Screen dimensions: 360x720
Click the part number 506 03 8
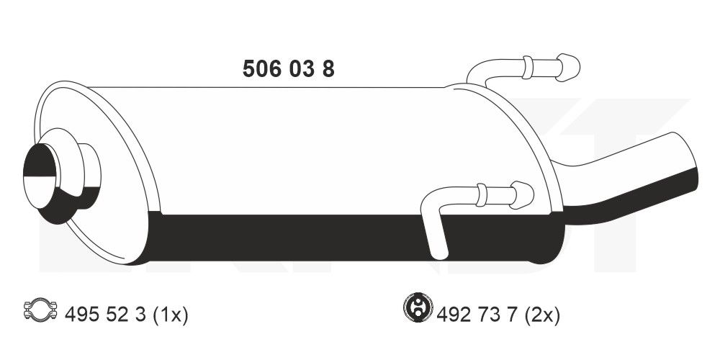pos(288,69)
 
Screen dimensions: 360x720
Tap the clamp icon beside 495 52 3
pos(42,312)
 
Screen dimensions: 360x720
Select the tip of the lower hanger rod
pos(523,193)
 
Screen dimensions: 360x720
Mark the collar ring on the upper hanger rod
pos(527,67)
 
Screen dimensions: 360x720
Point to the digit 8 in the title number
pos(328,69)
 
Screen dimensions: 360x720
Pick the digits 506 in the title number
pos(260,69)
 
